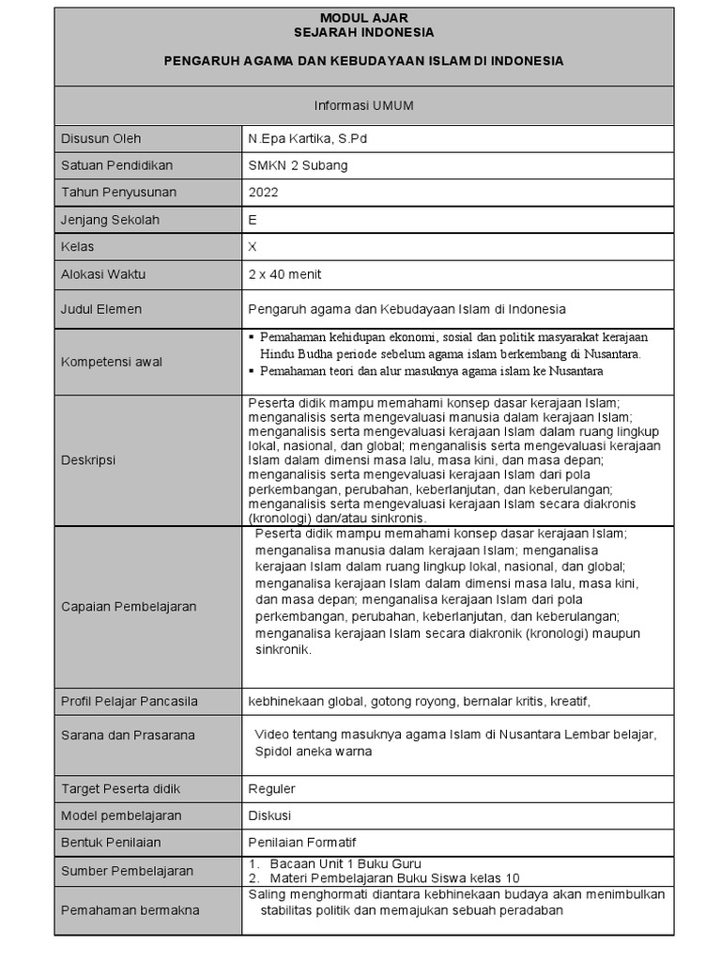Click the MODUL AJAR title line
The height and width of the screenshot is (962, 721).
click(363, 18)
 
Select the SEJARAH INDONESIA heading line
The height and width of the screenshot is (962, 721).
click(363, 32)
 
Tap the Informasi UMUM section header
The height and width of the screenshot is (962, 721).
click(363, 106)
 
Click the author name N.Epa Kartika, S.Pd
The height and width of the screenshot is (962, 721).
click(301, 138)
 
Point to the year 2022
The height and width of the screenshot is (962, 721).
click(264, 193)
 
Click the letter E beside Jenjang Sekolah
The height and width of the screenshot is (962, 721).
click(253, 220)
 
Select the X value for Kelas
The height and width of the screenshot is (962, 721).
click(253, 247)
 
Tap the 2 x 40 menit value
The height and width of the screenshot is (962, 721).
click(284, 274)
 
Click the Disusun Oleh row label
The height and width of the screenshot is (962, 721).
click(101, 138)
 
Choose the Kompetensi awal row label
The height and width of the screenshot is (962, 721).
click(108, 363)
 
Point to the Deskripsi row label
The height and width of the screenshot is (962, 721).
click(88, 460)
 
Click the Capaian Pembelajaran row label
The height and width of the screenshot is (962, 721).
click(129, 607)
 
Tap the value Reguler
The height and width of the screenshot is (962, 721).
click(271, 788)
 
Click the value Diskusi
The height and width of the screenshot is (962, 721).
click(269, 815)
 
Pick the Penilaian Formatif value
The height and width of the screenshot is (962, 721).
click(302, 843)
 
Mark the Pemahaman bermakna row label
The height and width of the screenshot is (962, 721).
click(130, 909)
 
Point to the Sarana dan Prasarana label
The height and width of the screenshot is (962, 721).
click(128, 736)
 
